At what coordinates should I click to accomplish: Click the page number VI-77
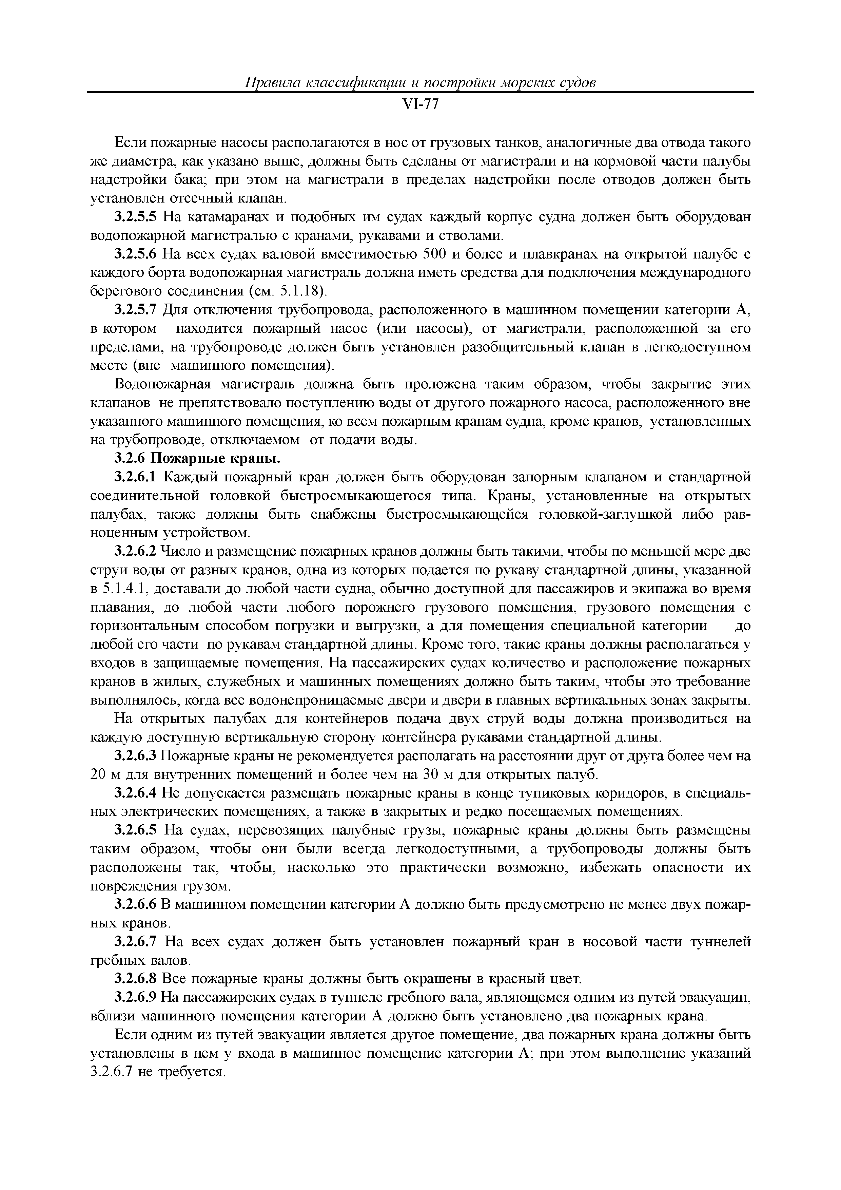click(420, 105)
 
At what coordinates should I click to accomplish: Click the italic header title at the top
click(420, 83)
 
